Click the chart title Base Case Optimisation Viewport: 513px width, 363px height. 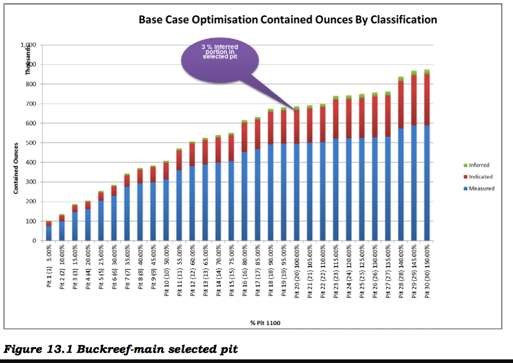pos(288,20)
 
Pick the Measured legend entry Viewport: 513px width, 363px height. pos(481,188)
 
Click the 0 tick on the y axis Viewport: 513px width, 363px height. pos(34,241)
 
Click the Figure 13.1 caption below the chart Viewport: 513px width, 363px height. pos(121,350)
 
